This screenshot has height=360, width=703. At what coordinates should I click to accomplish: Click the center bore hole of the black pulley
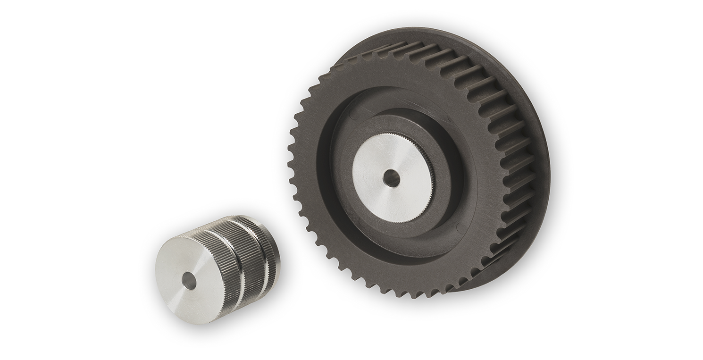pos(391,178)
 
